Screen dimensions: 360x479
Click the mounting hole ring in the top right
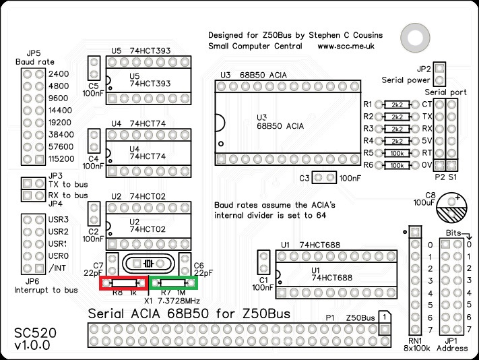[x=412, y=34]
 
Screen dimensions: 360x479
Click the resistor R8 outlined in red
[x=124, y=284]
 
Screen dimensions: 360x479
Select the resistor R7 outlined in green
[x=174, y=284]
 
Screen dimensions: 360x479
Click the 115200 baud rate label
[x=63, y=159]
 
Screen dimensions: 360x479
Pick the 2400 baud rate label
[x=59, y=74]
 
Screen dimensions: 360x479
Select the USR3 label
[x=59, y=220]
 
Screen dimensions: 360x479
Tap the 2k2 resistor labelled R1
[x=397, y=105]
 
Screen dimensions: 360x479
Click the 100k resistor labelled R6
[x=397, y=165]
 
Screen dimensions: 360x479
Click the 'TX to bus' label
[x=68, y=183]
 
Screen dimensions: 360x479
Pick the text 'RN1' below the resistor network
[x=416, y=340]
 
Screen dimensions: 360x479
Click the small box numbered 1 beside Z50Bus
[x=383, y=316]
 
